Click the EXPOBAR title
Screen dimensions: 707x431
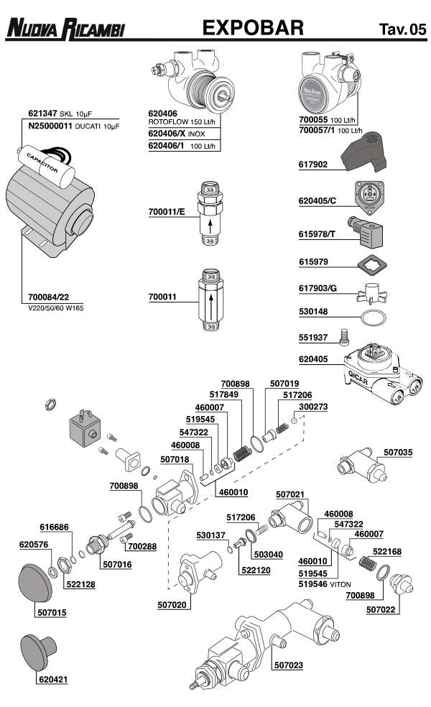pos(253,28)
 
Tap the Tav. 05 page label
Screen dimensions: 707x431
pos(402,29)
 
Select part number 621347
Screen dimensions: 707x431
pos(42,114)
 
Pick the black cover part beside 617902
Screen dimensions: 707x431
pos(364,155)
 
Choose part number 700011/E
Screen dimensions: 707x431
pos(167,213)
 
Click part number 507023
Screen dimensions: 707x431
pos(287,665)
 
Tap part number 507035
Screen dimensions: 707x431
pos(397,453)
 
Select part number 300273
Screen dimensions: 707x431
pos(313,406)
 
